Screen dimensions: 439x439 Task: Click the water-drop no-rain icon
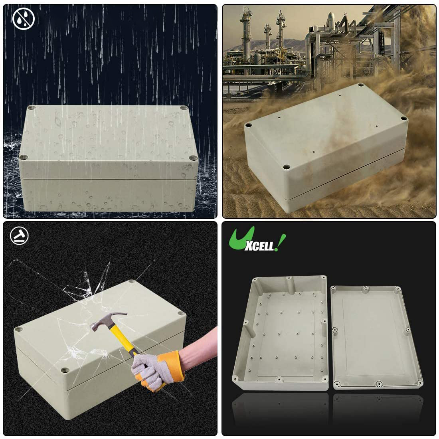pos(24,19)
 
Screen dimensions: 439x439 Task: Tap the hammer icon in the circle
pos(19,236)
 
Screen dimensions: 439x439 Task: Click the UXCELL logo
pos(257,239)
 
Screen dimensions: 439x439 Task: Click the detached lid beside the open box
pos(377,337)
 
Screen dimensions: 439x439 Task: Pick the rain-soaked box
pos(108,158)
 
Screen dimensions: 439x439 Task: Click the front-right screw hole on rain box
pos(193,158)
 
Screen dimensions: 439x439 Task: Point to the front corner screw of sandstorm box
pos(286,167)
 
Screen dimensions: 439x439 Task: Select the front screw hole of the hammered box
pos(65,370)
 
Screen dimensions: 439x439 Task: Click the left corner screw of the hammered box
pos(19,329)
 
